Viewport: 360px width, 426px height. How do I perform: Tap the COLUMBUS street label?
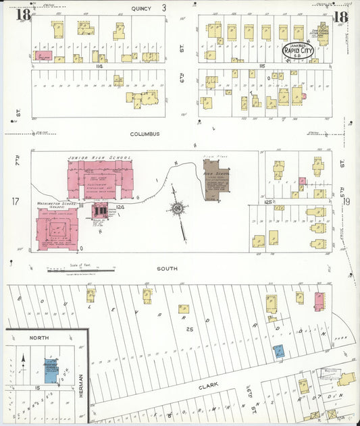(x=145, y=134)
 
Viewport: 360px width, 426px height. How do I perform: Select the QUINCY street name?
(x=142, y=8)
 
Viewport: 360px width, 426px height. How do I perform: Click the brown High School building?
(x=217, y=180)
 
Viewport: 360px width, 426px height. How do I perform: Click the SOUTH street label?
(x=167, y=268)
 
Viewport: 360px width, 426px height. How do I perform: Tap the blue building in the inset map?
(x=51, y=367)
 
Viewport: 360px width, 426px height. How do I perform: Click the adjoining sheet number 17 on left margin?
(x=15, y=201)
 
